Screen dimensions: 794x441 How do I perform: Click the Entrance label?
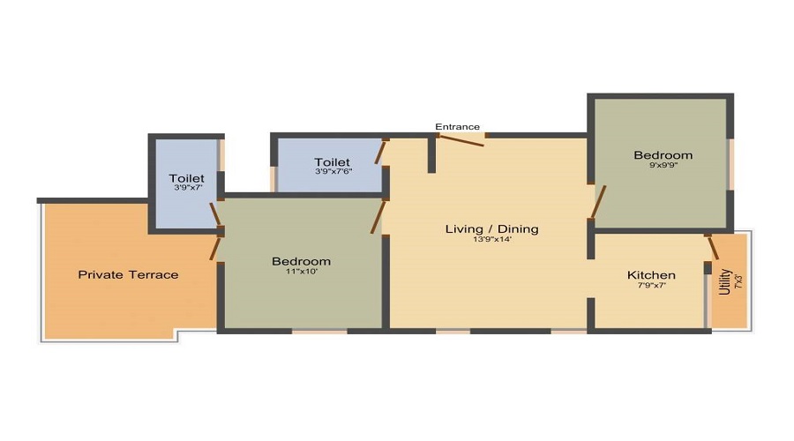click(x=457, y=127)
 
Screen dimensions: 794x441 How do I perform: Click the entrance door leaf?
click(x=461, y=141)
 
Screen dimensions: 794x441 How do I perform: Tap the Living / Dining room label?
click(x=491, y=228)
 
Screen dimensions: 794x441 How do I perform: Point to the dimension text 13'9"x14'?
click(x=492, y=240)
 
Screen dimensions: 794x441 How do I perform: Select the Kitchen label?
click(x=651, y=275)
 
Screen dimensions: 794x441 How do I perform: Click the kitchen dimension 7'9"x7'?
click(x=651, y=285)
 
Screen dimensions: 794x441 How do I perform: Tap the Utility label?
click(x=724, y=281)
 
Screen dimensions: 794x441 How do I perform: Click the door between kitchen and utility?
click(x=712, y=247)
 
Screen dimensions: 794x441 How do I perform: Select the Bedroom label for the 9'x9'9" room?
click(x=663, y=155)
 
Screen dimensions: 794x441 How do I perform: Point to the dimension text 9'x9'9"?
click(x=663, y=165)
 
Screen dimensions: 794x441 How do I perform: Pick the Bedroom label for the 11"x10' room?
click(x=302, y=261)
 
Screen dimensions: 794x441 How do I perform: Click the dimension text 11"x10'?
click(x=302, y=272)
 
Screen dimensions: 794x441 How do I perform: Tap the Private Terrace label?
click(x=128, y=275)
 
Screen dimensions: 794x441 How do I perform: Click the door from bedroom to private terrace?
click(x=215, y=249)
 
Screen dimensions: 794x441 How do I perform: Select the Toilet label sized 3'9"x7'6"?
click(x=333, y=162)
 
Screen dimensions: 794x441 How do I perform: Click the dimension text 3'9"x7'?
click(x=189, y=187)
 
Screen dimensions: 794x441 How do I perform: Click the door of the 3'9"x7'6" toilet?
click(x=380, y=153)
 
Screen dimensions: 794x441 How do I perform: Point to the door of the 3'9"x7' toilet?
click(x=215, y=214)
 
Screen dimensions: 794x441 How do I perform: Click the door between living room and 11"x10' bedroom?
click(x=378, y=217)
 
